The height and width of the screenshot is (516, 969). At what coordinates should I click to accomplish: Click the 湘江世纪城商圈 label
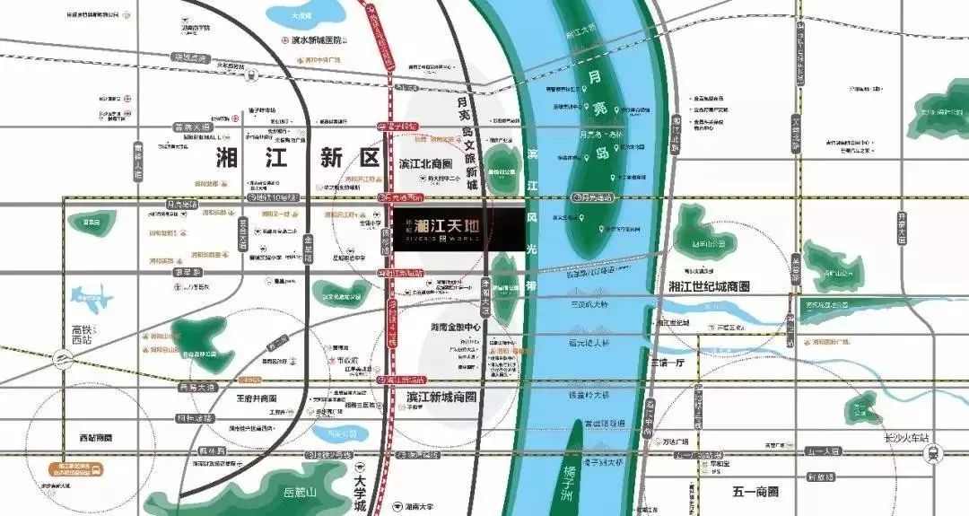tap(709, 286)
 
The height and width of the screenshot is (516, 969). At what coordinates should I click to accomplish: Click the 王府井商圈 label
tap(257, 398)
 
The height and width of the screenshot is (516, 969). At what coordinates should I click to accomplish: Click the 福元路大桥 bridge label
tap(589, 343)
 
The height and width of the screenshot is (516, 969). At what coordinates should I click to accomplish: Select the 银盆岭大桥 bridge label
tap(589, 394)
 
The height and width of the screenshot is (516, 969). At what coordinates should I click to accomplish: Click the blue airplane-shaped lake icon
tap(92, 298)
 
